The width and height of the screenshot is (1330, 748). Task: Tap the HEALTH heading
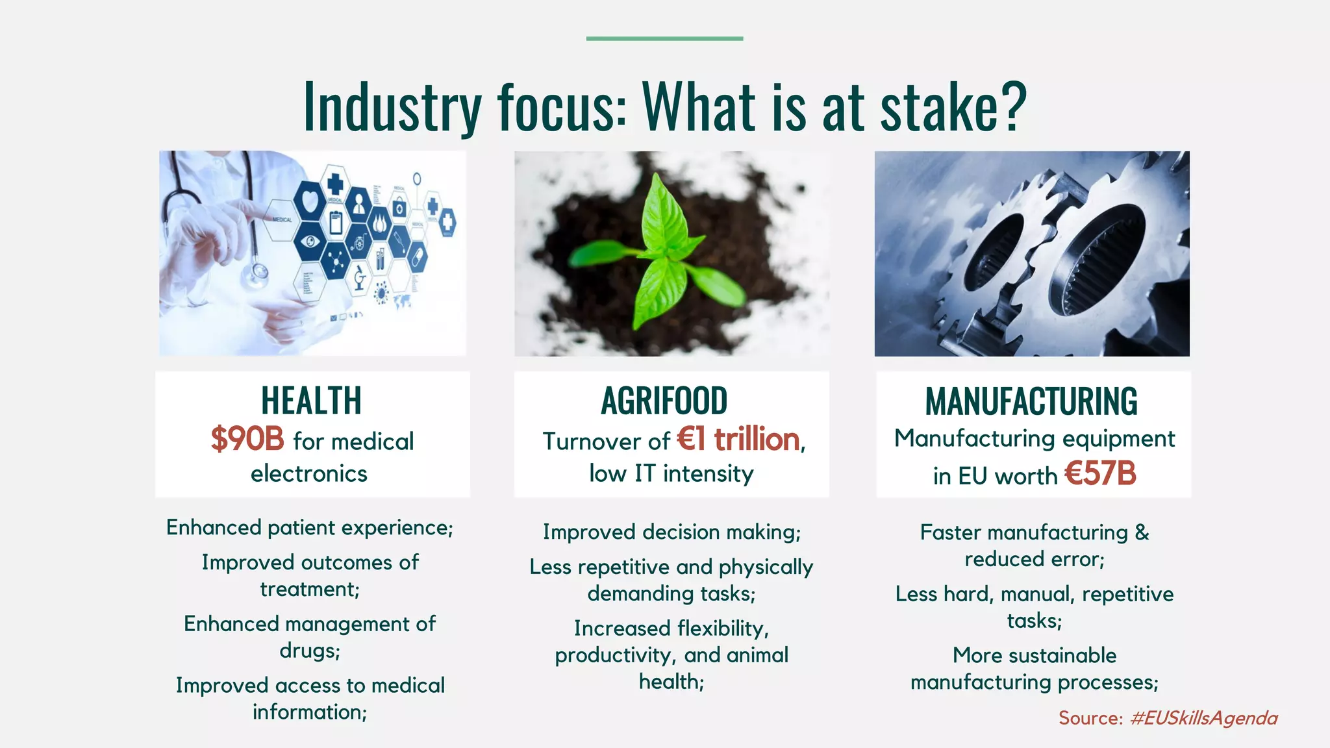(311, 401)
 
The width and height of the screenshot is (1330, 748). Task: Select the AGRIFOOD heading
(664, 401)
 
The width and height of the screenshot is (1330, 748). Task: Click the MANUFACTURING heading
(1031, 401)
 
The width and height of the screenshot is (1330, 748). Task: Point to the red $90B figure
(247, 440)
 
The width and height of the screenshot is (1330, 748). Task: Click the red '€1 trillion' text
(738, 440)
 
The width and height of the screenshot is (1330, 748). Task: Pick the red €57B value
(1100, 473)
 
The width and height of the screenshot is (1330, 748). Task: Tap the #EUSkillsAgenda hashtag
(1203, 718)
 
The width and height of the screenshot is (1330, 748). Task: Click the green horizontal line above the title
(664, 39)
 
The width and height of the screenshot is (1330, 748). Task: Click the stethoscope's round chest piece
(255, 275)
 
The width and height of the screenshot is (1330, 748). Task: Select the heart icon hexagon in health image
(310, 199)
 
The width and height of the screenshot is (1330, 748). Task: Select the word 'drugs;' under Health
(310, 651)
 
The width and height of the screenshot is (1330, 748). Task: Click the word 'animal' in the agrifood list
(757, 655)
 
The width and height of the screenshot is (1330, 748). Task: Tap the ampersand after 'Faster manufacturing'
(1142, 532)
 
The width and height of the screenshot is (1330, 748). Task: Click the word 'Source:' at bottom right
(1090, 718)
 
